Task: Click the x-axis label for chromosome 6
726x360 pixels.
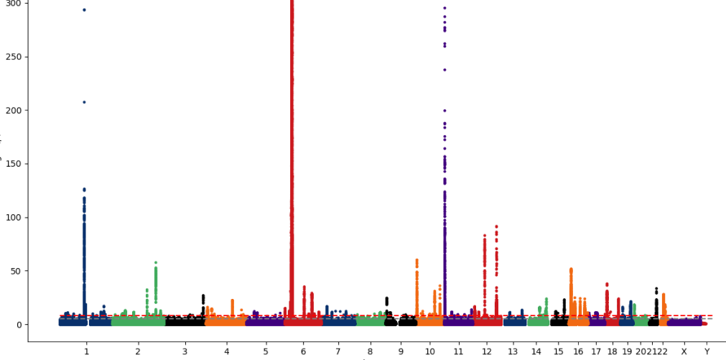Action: [x=303, y=351]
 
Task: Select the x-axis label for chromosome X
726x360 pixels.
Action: [x=684, y=351]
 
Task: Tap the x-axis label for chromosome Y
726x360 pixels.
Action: [x=707, y=351]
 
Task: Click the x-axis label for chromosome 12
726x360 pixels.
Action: [x=487, y=351]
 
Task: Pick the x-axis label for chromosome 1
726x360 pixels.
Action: [x=86, y=351]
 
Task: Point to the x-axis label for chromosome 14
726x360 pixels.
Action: [x=536, y=351]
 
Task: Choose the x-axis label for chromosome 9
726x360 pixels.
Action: [x=401, y=351]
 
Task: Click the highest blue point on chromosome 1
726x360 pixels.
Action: [x=84, y=10]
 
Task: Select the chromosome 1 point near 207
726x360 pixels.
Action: [x=84, y=102]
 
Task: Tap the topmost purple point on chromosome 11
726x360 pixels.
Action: [x=445, y=8]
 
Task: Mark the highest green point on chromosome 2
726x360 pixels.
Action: [x=156, y=263]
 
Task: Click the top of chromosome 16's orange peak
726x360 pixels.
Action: [x=571, y=269]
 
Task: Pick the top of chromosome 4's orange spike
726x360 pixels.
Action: [x=232, y=300]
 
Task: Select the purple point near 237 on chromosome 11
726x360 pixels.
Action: [x=445, y=70]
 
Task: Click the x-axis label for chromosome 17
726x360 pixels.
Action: [x=596, y=351]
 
